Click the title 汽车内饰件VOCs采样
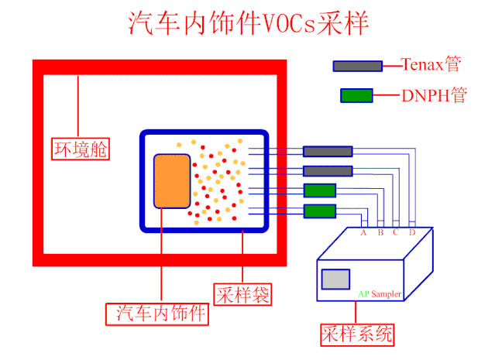[248, 23]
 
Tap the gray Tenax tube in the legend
[357, 66]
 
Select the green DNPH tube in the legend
[356, 96]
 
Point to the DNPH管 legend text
[435, 96]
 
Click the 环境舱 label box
[80, 148]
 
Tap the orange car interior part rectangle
[172, 181]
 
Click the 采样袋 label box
[242, 295]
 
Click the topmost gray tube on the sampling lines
[328, 152]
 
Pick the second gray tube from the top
[328, 171]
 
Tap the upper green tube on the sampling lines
[319, 190]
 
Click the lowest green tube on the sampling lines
[319, 211]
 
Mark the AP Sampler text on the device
[380, 295]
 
